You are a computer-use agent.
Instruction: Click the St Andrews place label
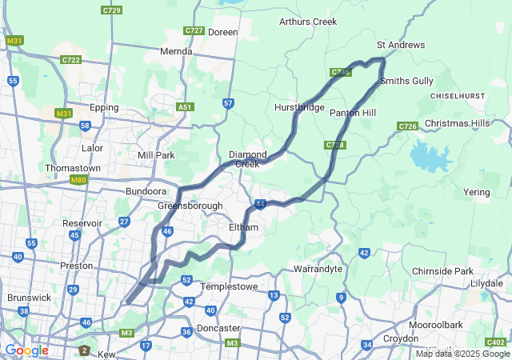point(400,45)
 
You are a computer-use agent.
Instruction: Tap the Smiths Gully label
point(406,81)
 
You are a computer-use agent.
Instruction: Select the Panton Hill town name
point(353,113)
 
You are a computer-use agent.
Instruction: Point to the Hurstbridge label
point(299,106)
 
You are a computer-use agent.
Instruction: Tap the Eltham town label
point(244,227)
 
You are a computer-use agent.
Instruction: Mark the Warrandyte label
point(318,269)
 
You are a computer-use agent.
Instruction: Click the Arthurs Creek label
point(308,22)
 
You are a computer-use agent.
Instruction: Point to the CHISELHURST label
point(457,95)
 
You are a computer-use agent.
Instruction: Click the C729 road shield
point(112,10)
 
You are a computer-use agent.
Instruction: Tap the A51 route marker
point(186,106)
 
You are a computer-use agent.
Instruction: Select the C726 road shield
point(407,126)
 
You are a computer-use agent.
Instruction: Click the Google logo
point(26,350)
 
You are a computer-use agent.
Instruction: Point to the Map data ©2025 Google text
point(462,354)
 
